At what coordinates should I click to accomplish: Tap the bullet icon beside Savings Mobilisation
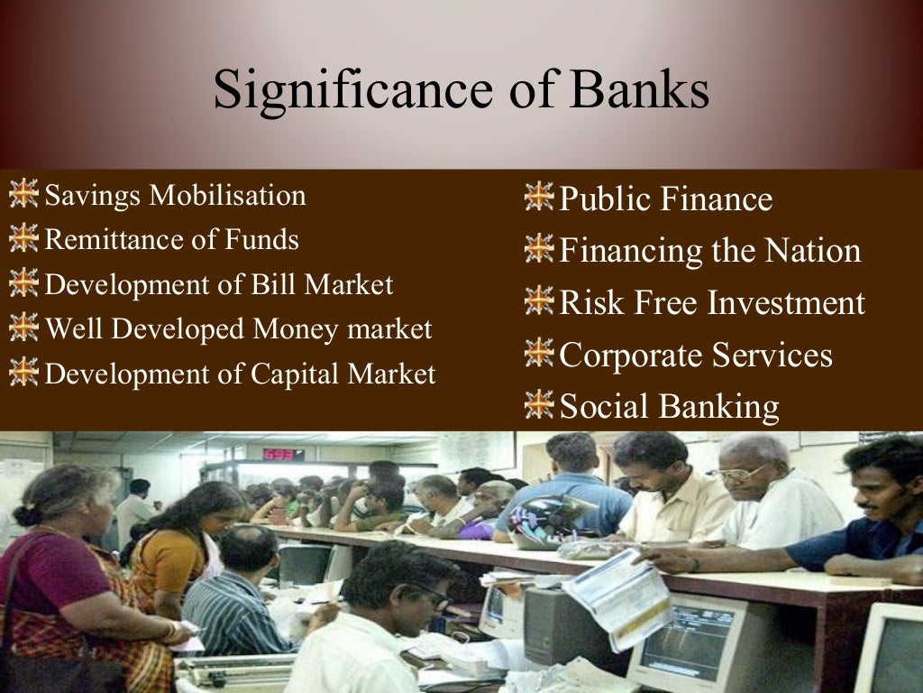[x=23, y=194]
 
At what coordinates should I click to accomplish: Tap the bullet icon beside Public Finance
[x=539, y=197]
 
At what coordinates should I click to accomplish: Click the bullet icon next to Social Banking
[x=539, y=405]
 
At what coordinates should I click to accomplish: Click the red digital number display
[x=282, y=454]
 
